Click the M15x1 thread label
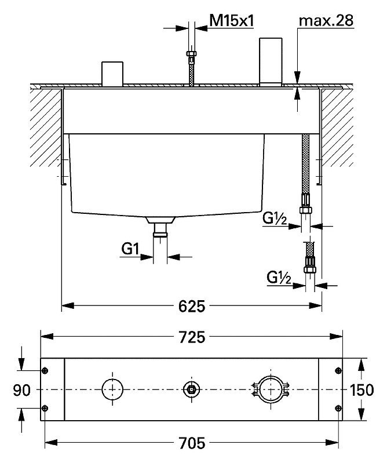231,21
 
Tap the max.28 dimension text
326,21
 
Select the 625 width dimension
192,306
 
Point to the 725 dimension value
192,337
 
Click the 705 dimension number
192,443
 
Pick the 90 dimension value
21,391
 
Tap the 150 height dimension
362,390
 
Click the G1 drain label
130,250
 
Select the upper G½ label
275,218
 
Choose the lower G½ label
279,278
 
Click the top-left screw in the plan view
45,371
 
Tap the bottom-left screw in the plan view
45,408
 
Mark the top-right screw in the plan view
338,371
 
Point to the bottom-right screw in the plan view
338,408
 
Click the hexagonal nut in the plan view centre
191,389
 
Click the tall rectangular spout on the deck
271,61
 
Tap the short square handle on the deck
112,74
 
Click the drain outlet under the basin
160,227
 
